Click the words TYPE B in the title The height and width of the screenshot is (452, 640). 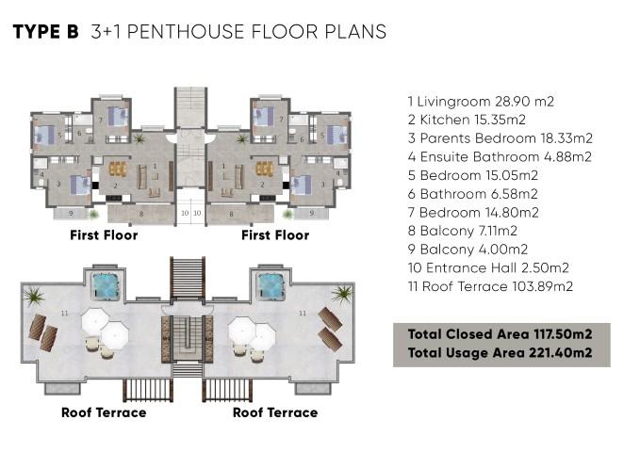[45, 32]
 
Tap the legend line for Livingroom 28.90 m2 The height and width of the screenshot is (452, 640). [481, 101]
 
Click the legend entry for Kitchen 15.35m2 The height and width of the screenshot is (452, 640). [467, 120]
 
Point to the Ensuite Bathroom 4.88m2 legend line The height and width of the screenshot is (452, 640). [500, 156]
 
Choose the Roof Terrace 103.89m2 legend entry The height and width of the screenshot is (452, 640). [490, 286]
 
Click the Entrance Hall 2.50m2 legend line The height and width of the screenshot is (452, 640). [488, 268]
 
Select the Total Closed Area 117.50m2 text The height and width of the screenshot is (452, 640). [500, 334]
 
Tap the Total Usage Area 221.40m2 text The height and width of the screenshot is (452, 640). [500, 352]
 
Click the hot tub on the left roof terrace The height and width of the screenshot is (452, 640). [107, 286]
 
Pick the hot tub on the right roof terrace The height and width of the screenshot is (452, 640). [271, 286]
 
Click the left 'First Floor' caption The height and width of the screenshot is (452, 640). [104, 235]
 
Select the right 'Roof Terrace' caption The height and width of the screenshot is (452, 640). [275, 412]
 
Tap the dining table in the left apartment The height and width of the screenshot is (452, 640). [118, 169]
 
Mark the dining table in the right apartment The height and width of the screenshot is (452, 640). [265, 169]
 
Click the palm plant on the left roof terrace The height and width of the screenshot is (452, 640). [34, 296]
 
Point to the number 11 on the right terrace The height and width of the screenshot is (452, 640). [303, 314]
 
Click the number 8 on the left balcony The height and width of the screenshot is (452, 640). [141, 214]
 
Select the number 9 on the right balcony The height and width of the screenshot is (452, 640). [312, 213]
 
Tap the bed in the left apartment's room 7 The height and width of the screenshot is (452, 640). [118, 117]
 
